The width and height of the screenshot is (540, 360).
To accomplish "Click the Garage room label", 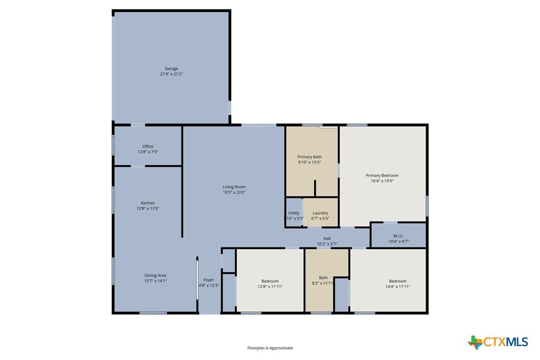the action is tap(171, 69).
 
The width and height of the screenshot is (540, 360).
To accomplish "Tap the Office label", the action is tap(148, 146).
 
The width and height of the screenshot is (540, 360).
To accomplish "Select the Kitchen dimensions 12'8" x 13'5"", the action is tap(148, 208).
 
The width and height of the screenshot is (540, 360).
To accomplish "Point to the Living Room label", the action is tap(234, 187).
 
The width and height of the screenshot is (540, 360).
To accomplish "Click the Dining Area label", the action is tap(155, 275).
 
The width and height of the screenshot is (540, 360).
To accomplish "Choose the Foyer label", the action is tap(209, 280).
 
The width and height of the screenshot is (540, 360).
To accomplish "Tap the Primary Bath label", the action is tap(310, 157).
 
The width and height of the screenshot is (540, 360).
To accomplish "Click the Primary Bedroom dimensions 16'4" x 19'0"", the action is tap(382, 181).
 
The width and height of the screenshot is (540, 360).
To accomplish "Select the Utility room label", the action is tap(294, 213).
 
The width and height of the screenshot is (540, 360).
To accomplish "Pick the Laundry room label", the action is tap(320, 213).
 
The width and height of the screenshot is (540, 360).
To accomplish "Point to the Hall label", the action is tap(327, 238).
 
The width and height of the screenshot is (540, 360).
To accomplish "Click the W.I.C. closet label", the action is tap(398, 236).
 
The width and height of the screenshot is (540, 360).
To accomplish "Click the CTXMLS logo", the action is tap(498, 342).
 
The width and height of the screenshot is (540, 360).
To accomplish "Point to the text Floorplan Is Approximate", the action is tap(270, 348).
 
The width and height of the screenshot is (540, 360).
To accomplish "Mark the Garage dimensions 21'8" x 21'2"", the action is tap(171, 74).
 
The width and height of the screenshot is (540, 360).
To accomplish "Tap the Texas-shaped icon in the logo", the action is tap(475, 343).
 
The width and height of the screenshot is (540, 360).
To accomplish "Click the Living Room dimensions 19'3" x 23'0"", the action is tap(234, 192).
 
